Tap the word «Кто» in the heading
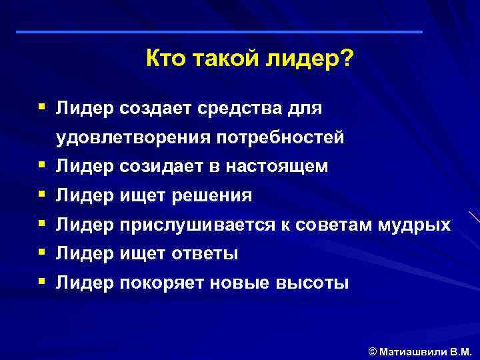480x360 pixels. pos(164,61)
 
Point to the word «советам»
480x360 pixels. pos(321,225)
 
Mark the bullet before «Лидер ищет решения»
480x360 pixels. pos(42,195)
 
